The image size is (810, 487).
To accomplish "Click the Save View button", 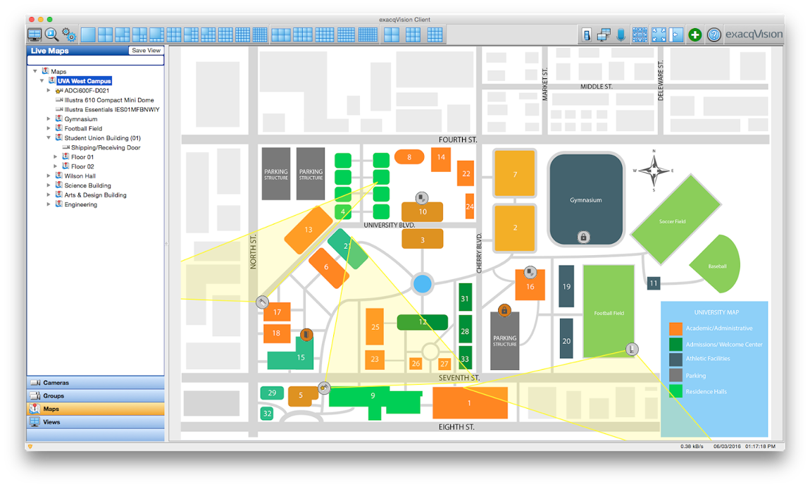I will [x=147, y=51].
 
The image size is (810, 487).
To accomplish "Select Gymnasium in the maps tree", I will [x=81, y=119].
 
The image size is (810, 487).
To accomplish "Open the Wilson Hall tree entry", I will [x=80, y=176].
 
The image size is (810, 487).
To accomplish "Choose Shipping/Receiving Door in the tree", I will [x=106, y=148].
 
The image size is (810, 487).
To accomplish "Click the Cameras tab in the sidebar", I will [x=56, y=383].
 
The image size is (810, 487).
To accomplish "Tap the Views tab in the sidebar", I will [x=51, y=422].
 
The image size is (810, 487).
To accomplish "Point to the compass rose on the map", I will [x=654, y=170].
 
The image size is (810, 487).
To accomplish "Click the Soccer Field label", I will [x=672, y=221].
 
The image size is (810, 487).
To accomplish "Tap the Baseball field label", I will [x=717, y=266].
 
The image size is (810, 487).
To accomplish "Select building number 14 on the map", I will [x=441, y=157].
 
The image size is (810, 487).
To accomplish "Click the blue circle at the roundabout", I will [x=422, y=284].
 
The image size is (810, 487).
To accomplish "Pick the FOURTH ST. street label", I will [x=458, y=140].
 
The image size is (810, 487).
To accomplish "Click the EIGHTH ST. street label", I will [x=456, y=427].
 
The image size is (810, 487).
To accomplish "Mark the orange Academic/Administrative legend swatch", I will [x=675, y=328].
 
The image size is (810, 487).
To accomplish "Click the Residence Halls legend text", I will [x=706, y=391].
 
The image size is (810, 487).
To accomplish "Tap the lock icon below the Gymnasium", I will [x=583, y=238].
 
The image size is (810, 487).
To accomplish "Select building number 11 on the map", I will [x=654, y=283].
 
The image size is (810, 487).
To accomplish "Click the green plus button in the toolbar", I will [x=695, y=35].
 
